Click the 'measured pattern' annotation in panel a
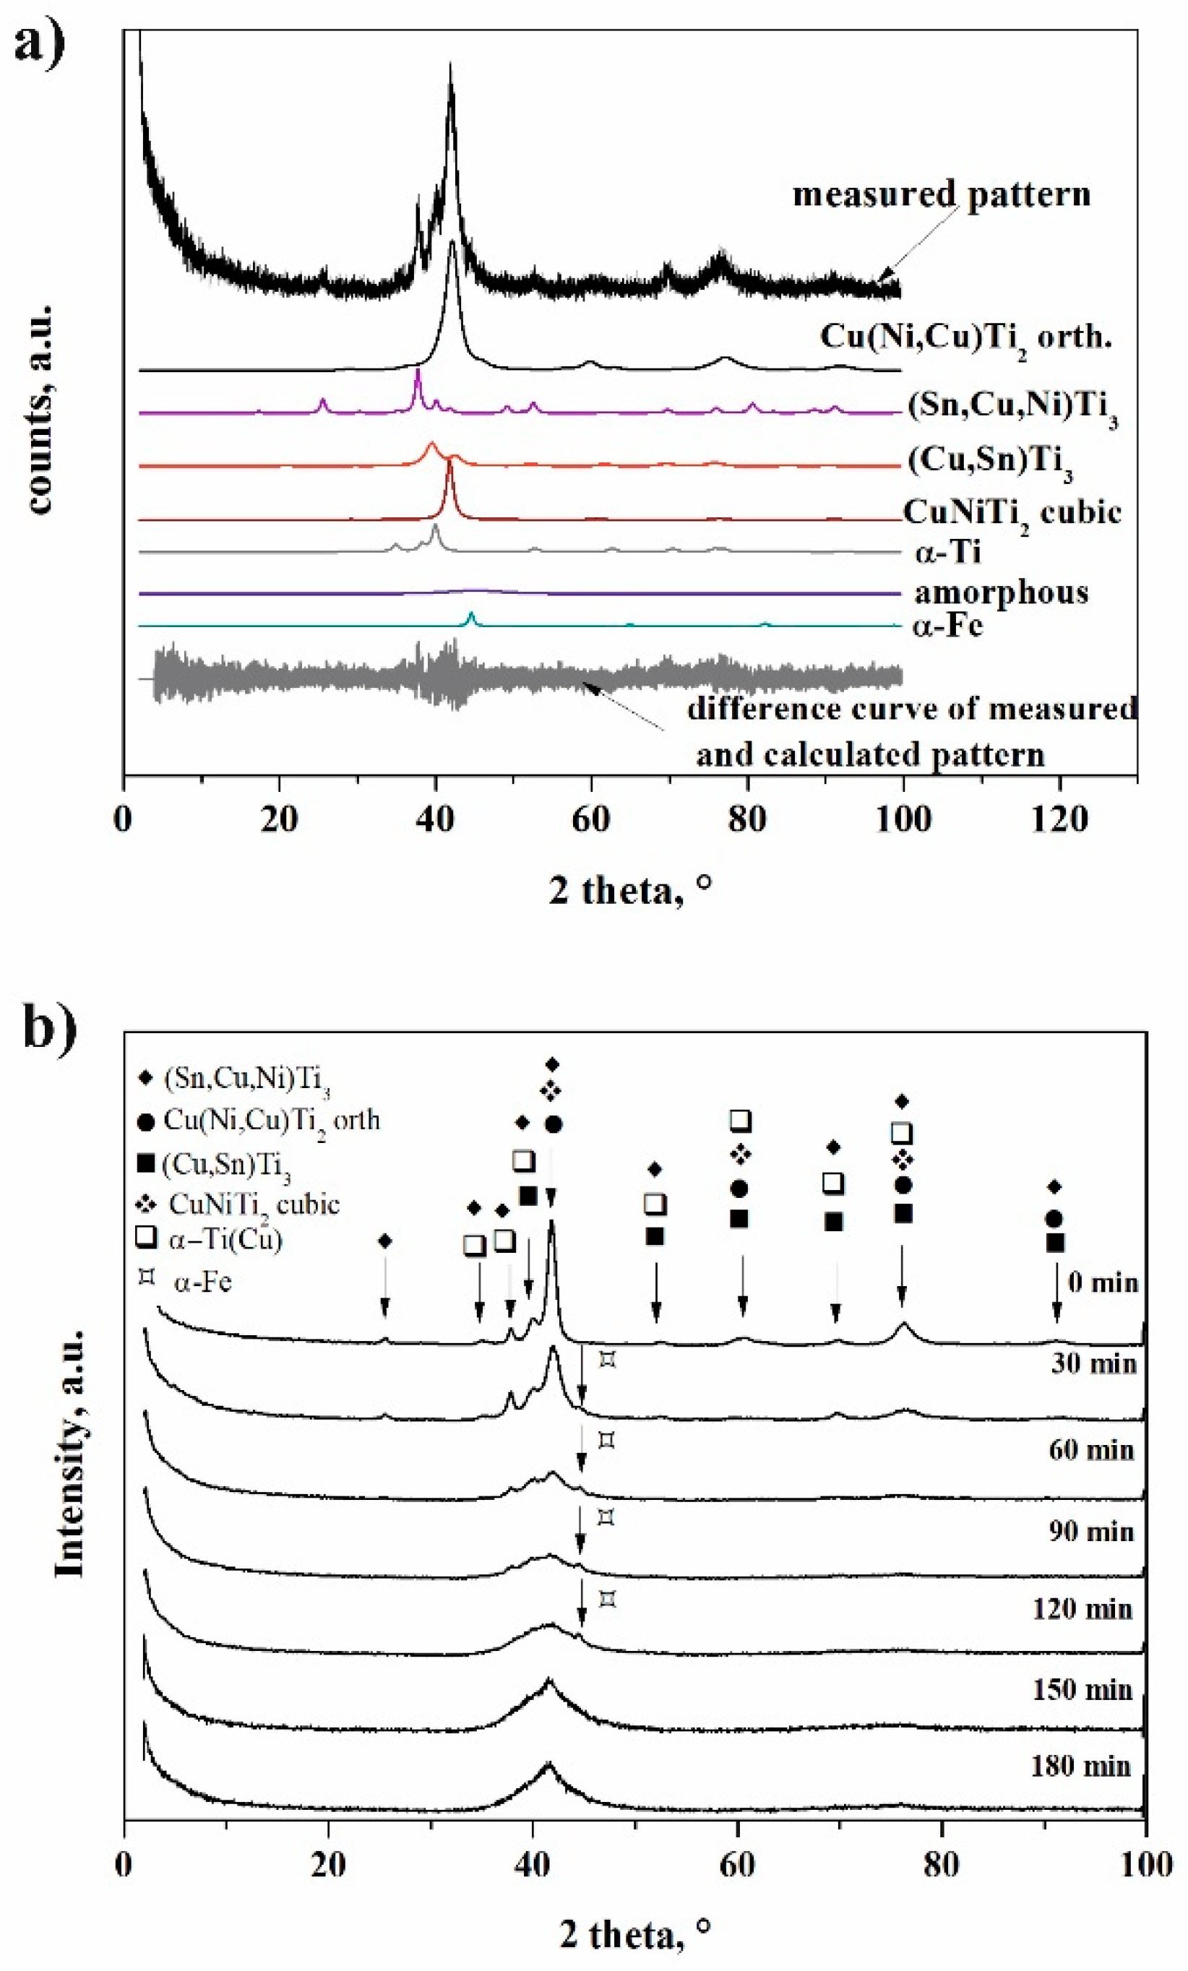941,194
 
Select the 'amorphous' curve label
1001,592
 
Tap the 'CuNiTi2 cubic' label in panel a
1011,512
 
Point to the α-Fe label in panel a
947,625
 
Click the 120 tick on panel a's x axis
1059,819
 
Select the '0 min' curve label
1103,1282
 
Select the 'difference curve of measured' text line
911,709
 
